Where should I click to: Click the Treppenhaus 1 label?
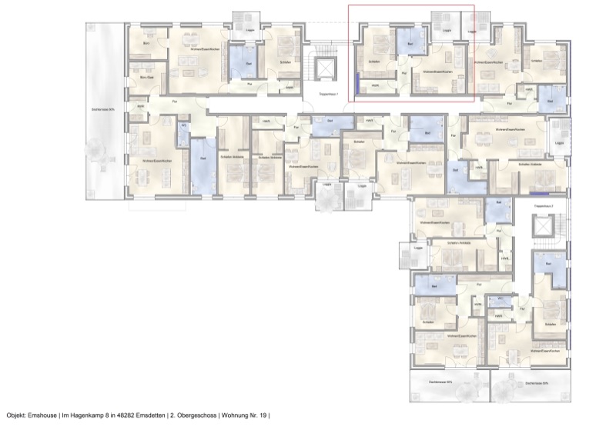[328, 93]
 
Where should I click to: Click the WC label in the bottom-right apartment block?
[500, 298]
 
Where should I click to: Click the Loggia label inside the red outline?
[447, 32]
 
